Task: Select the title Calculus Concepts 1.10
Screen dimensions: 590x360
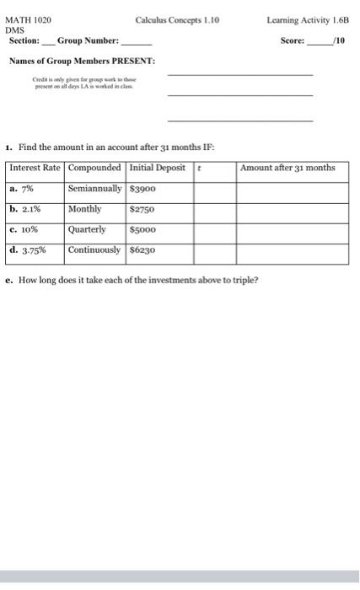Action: click(x=177, y=18)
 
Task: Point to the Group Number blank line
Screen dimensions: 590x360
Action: click(x=137, y=41)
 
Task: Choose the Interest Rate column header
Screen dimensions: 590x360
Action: click(x=35, y=168)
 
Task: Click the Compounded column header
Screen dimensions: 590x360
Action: click(x=94, y=168)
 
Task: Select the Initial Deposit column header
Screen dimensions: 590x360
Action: click(x=157, y=168)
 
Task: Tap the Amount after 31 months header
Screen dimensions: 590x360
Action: click(x=287, y=168)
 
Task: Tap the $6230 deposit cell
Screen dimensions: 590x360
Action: click(x=144, y=250)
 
